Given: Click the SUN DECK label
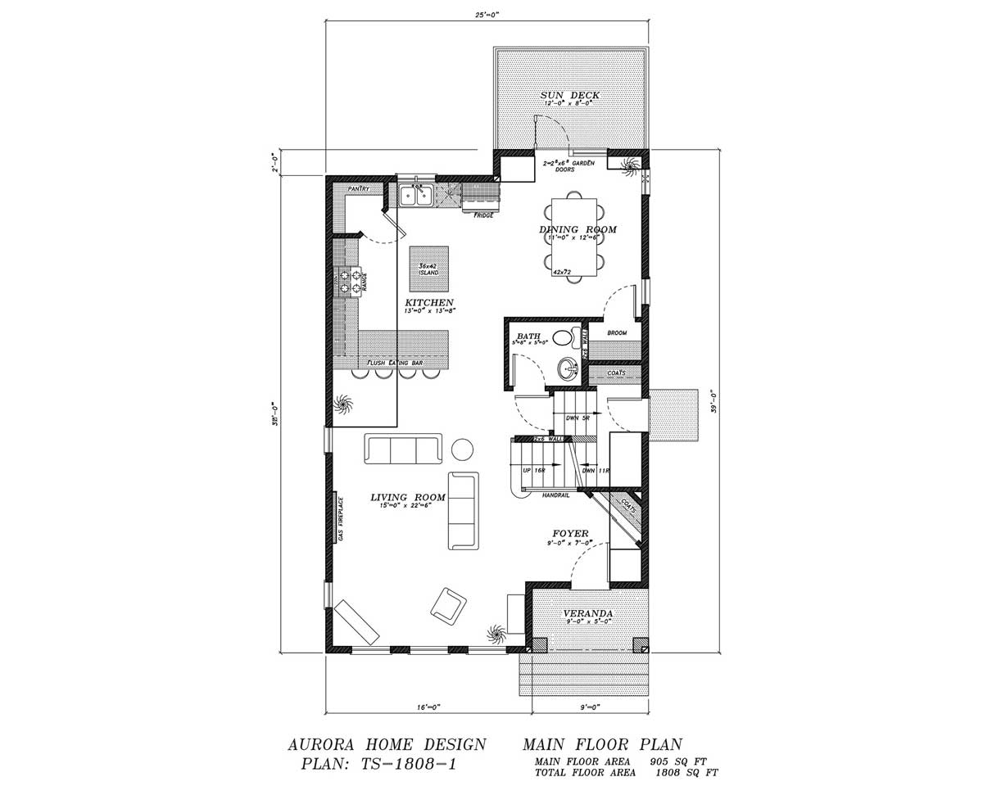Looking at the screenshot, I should tap(570, 96).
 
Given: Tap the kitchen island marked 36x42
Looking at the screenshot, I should tap(428, 269).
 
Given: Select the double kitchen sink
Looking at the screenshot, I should tap(416, 196).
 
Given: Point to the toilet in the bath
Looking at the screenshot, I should tap(564, 337).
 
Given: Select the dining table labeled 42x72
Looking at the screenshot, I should tap(578, 237).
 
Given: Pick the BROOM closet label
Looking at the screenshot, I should tap(617, 333).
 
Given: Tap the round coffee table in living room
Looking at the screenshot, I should tap(463, 449).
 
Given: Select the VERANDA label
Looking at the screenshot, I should tap(587, 613).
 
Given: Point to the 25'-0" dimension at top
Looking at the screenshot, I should tap(487, 13).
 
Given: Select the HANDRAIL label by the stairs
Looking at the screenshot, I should tap(556, 495).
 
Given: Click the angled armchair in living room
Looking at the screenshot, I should tap(449, 604).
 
